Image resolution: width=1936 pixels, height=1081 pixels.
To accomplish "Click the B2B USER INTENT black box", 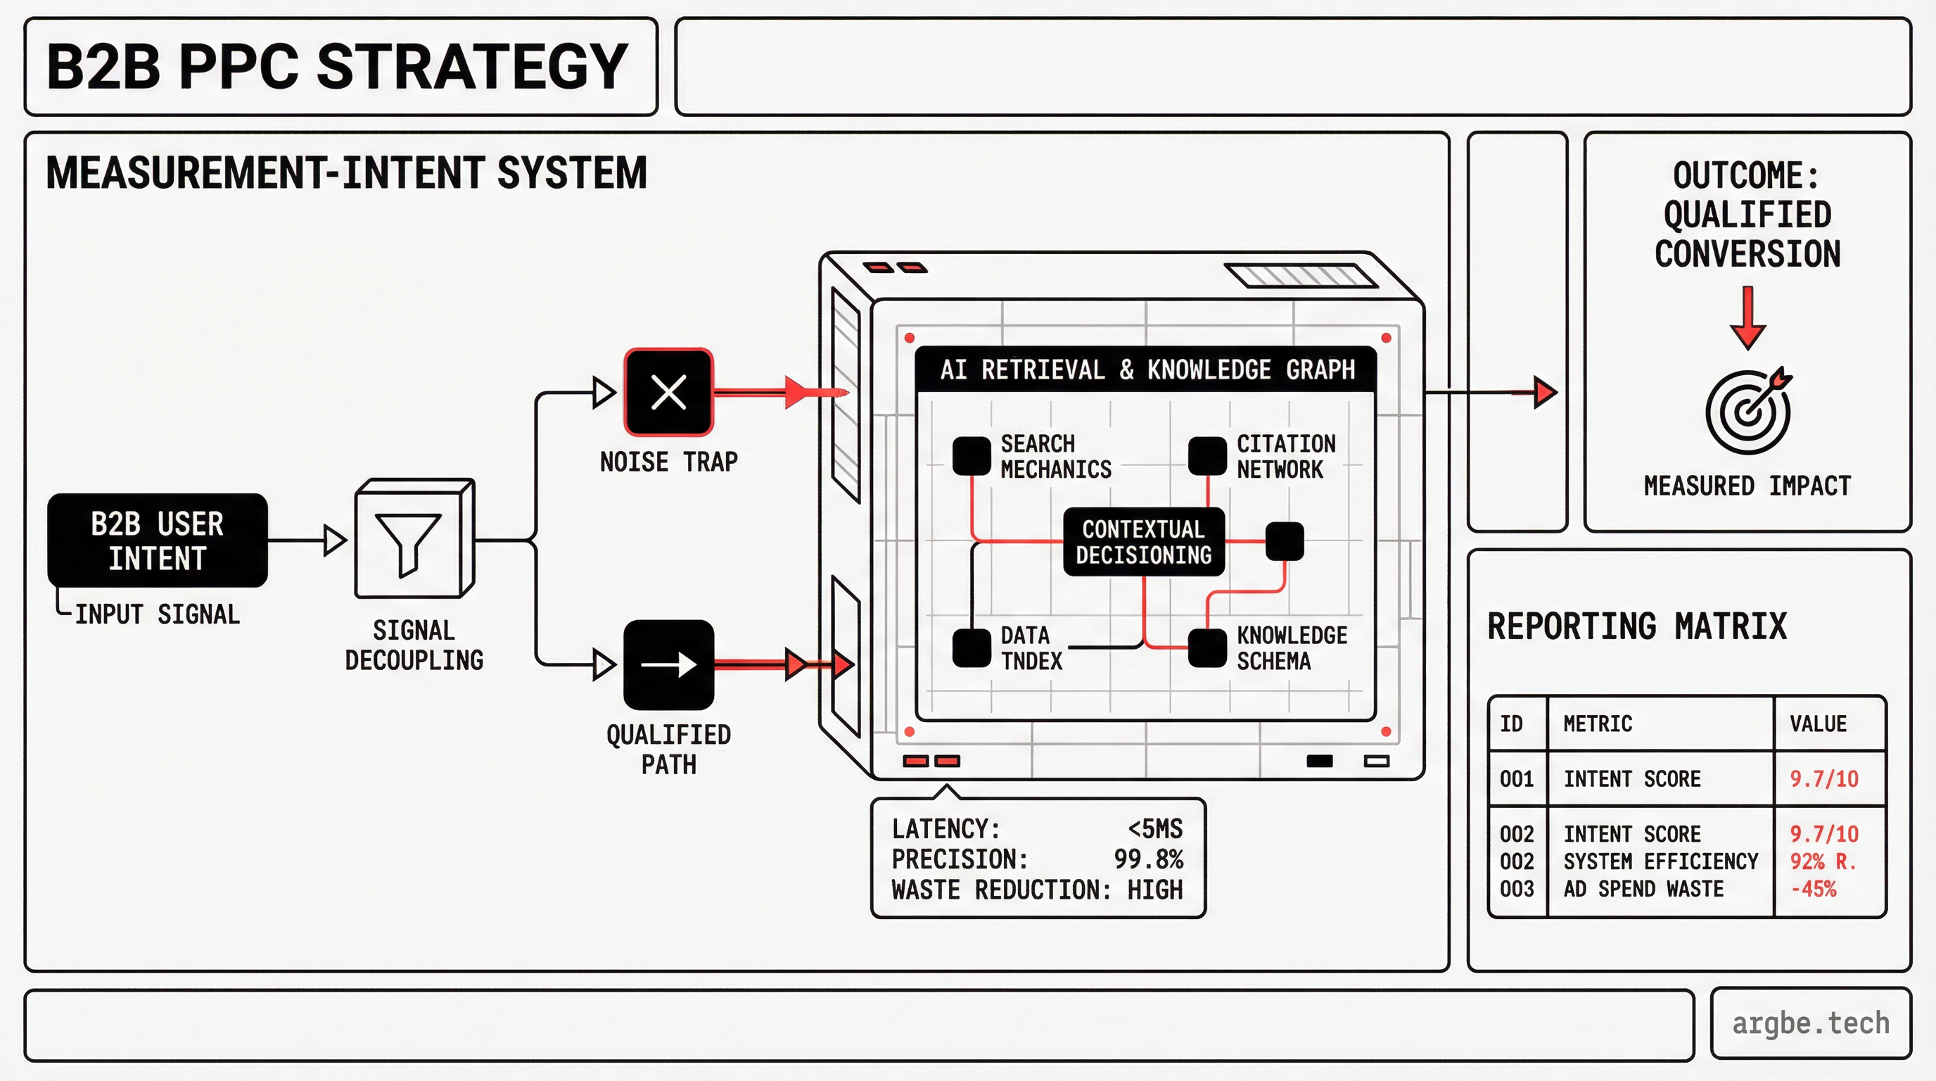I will [157, 540].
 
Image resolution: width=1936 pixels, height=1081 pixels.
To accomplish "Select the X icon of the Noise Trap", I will [668, 392].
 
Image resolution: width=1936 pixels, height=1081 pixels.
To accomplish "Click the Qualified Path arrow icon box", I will [668, 664].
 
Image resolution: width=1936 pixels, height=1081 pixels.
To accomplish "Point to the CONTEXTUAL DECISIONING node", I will [1143, 542].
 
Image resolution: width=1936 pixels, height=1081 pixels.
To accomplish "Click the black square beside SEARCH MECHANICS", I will [971, 456].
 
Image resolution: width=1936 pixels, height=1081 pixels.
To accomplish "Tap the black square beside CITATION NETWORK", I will [1207, 456].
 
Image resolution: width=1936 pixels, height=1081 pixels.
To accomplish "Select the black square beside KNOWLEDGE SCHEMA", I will [1207, 648].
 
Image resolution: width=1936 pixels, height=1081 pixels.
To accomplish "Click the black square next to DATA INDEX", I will [971, 648].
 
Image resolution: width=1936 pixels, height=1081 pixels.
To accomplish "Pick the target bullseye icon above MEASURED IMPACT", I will [1747, 412].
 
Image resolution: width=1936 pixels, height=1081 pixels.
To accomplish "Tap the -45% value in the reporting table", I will [1813, 889].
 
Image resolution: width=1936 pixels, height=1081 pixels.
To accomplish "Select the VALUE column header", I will [1817, 724].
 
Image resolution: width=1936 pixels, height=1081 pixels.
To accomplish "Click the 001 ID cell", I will [1517, 779].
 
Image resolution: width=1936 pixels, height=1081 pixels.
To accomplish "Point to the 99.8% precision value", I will [1148, 859].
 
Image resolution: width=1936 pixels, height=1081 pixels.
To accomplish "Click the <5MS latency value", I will [1154, 829].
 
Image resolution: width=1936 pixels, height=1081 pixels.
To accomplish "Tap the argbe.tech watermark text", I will [1810, 1024].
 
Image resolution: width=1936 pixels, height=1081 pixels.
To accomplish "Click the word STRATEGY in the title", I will [472, 67].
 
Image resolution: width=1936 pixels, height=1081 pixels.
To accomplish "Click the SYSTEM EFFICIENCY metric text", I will [1660, 861].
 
